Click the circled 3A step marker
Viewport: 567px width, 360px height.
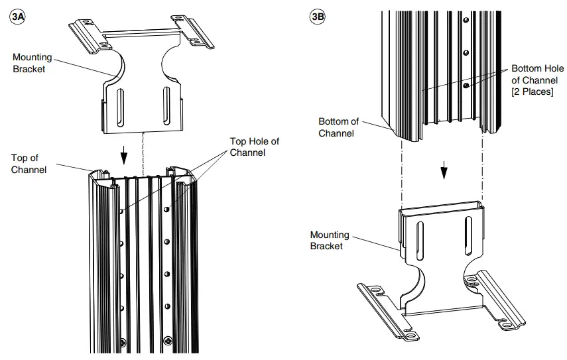point(18,17)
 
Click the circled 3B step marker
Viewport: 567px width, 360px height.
point(318,17)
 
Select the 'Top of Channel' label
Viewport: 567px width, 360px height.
point(29,164)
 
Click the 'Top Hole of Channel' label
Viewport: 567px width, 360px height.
point(254,147)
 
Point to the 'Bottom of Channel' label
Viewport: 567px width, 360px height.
point(338,127)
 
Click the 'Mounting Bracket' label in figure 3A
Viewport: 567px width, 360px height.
point(32,63)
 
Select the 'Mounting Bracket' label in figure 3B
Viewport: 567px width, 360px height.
point(330,240)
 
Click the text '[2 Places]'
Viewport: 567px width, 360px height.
point(532,91)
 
